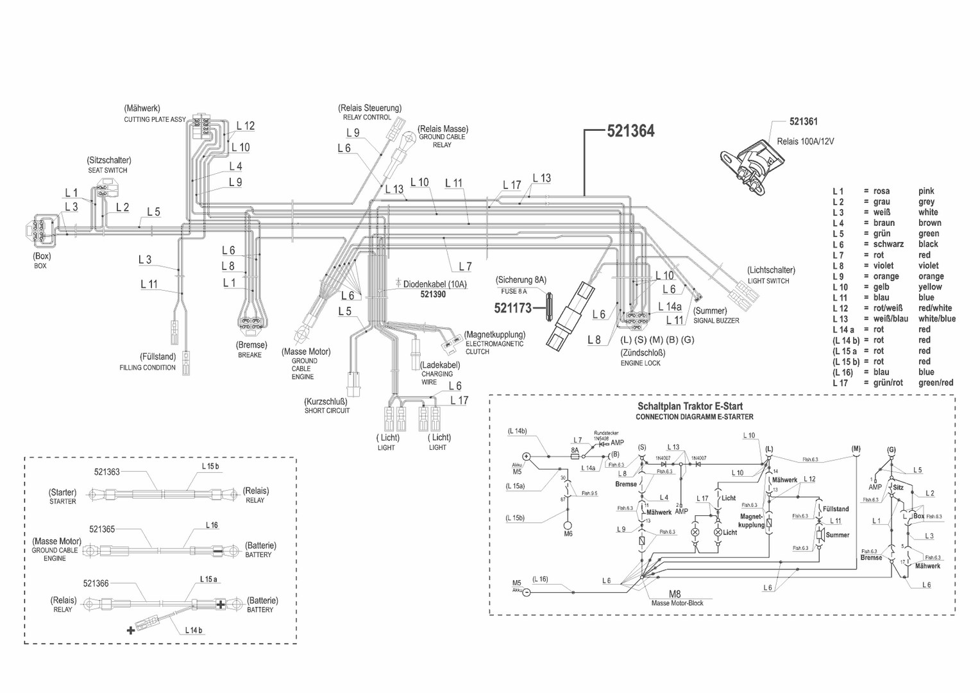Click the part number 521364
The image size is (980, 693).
[x=630, y=131]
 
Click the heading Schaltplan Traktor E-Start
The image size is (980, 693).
[x=690, y=406]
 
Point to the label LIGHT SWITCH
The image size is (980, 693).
[x=768, y=281]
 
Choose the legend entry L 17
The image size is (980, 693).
[x=840, y=383]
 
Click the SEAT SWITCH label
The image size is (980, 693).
[x=108, y=171]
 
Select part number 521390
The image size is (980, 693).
[x=433, y=295]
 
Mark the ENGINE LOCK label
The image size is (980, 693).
[x=640, y=363]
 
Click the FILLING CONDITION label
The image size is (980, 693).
[x=148, y=368]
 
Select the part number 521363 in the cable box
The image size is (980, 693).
[x=107, y=472]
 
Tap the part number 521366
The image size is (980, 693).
[x=96, y=583]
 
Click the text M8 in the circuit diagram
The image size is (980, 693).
[x=675, y=594]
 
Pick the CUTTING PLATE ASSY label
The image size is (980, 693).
[x=155, y=119]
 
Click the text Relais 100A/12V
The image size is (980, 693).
[x=805, y=141]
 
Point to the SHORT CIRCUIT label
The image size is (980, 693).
[x=327, y=411]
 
